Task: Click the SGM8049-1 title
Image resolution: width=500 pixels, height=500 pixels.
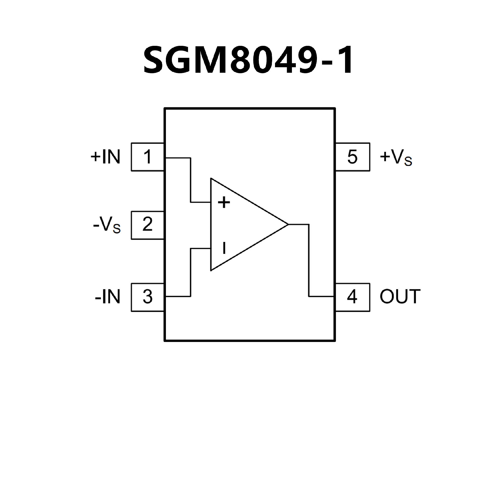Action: point(249,61)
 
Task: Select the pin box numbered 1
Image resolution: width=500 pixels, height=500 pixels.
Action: point(147,157)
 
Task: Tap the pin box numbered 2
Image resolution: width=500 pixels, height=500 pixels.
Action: point(147,225)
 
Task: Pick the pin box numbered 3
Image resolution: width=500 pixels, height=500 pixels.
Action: point(147,297)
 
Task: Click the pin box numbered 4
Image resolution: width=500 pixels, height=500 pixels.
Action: point(352,297)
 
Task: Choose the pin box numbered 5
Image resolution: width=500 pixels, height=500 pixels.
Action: point(352,157)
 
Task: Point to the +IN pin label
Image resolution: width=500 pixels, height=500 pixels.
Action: point(105,157)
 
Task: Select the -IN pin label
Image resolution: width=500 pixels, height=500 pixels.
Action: point(108,297)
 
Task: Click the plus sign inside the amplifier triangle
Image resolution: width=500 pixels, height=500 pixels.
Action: point(224,202)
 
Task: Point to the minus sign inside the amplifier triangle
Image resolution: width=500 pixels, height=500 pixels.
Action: point(224,248)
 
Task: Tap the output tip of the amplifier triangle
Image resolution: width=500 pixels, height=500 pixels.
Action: point(287,224)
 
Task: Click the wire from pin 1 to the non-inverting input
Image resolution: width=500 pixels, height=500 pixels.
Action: point(191,180)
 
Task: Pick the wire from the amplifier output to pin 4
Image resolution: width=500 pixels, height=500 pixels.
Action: point(309,260)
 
